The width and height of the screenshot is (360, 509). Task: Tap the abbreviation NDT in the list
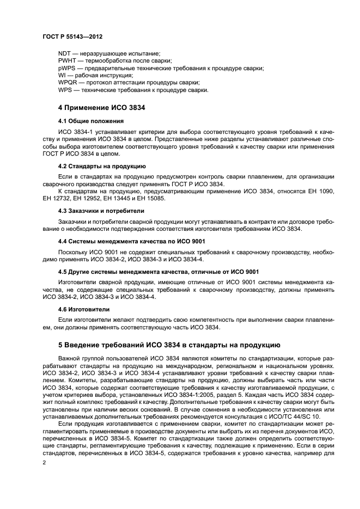64,53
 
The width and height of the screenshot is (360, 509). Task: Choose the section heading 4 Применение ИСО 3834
101,107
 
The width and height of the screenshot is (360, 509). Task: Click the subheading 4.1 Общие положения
90,121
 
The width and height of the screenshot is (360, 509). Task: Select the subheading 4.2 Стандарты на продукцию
101,165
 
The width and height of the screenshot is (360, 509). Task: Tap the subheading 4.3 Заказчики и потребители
101,210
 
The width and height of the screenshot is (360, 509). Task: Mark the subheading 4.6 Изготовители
84,309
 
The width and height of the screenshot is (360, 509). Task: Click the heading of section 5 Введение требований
169,345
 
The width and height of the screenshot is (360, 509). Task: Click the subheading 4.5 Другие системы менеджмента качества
158,272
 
